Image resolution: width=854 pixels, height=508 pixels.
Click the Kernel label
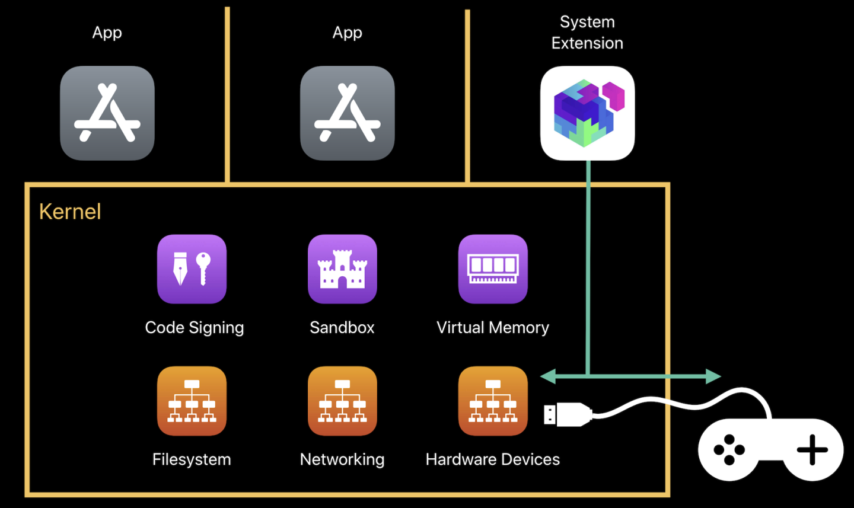pyautogui.click(x=70, y=212)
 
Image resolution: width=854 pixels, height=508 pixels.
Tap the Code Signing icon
pyautogui.click(x=192, y=269)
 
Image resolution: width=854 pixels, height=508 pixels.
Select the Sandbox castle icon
pyautogui.click(x=342, y=269)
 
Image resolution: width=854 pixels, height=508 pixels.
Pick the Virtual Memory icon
pyautogui.click(x=493, y=269)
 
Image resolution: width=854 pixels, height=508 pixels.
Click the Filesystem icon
pyautogui.click(x=192, y=401)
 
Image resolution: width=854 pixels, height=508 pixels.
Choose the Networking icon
pyautogui.click(x=342, y=401)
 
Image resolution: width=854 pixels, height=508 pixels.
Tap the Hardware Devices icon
pyautogui.click(x=493, y=401)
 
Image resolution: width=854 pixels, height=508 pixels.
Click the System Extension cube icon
pyautogui.click(x=587, y=113)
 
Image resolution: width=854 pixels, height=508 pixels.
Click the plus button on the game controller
pyautogui.click(x=812, y=451)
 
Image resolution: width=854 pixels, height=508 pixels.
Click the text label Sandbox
pyautogui.click(x=342, y=327)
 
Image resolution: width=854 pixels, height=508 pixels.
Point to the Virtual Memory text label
pyautogui.click(x=493, y=327)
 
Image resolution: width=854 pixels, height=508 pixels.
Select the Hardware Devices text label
pyautogui.click(x=493, y=459)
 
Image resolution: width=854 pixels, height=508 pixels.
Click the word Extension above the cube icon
pyautogui.click(x=587, y=43)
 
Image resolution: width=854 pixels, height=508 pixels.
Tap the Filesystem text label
pyautogui.click(x=192, y=459)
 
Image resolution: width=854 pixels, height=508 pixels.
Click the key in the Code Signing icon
pyautogui.click(x=203, y=267)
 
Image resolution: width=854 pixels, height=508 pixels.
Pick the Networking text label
pyautogui.click(x=342, y=459)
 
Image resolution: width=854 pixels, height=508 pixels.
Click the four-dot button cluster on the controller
pyautogui.click(x=729, y=450)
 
